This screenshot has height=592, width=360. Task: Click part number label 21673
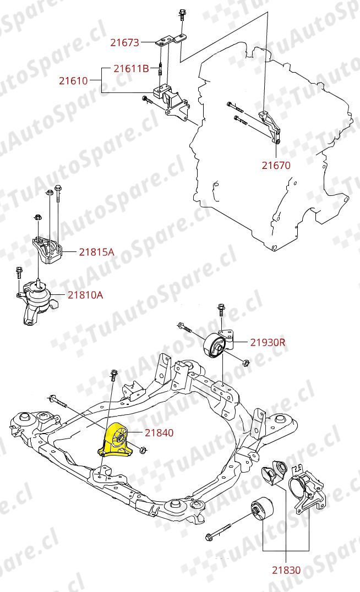click(124, 42)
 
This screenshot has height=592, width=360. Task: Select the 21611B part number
click(131, 69)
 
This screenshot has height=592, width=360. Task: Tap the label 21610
click(73, 81)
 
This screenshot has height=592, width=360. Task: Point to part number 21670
click(276, 165)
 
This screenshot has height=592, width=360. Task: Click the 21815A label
click(96, 252)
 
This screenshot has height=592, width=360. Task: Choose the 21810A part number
click(85, 295)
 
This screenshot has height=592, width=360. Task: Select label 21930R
click(268, 342)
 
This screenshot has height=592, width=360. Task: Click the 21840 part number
click(159, 433)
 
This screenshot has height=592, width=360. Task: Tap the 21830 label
click(286, 570)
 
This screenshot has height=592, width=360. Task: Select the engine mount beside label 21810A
click(37, 300)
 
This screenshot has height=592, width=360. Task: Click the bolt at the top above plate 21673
click(182, 17)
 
